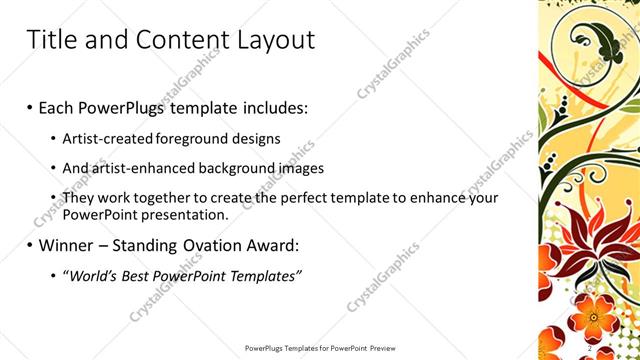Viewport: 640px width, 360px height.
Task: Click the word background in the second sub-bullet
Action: pos(237,168)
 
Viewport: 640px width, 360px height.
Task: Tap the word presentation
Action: pos(187,214)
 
